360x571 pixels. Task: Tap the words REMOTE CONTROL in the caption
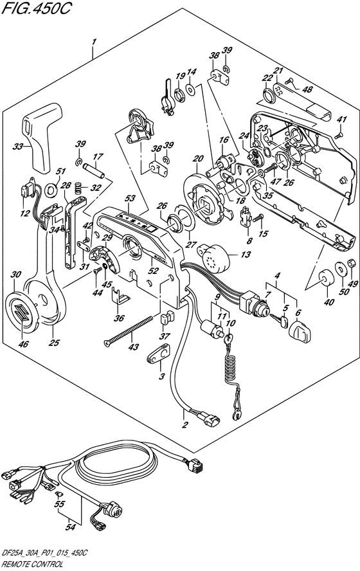point(32,565)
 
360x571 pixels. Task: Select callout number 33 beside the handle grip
point(17,147)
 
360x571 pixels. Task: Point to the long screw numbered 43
point(128,331)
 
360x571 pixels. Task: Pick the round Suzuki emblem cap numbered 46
point(21,312)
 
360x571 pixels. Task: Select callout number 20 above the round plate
point(198,158)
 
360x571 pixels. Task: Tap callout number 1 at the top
point(94,42)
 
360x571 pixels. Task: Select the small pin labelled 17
point(94,170)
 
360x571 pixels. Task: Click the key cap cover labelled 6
point(300,331)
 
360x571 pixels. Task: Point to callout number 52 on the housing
point(154,271)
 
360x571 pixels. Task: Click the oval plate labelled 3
point(159,353)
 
